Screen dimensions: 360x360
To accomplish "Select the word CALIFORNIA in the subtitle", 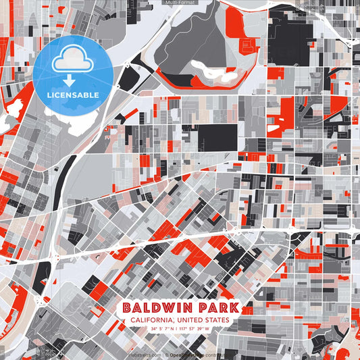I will click(154, 320).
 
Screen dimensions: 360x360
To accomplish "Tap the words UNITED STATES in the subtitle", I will click(205, 320).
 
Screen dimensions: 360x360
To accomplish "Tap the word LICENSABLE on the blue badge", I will click(73, 95).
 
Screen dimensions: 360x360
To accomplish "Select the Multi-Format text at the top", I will click(180, 3).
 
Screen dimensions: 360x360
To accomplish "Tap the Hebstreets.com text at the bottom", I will click(145, 354).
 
